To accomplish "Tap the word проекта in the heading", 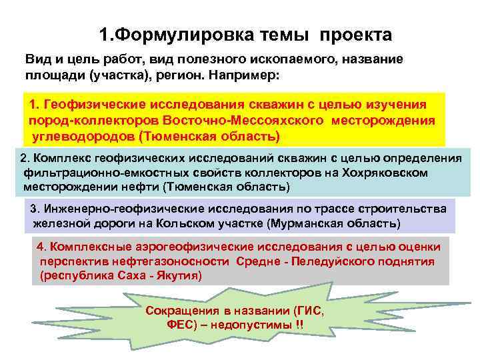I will click(x=356, y=34).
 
